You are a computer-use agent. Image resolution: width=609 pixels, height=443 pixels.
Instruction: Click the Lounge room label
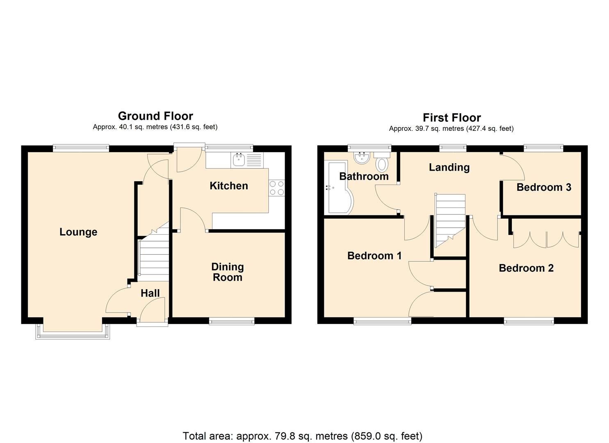tap(78, 232)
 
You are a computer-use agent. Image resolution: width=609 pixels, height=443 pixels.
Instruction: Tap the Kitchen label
tap(228, 186)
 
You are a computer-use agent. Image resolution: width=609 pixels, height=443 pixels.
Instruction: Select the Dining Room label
tap(227, 272)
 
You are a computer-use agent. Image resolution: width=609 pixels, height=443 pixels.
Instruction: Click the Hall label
tap(150, 293)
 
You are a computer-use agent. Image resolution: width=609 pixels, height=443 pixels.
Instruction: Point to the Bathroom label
tap(364, 176)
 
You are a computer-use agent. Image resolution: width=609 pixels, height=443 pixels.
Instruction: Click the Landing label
tap(449, 167)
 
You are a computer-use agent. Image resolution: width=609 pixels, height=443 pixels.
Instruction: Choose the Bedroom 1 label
tap(374, 256)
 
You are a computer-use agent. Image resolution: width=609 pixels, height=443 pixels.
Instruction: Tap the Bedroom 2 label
tap(526, 268)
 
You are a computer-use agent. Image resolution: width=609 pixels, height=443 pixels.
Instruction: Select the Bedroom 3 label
tap(543, 187)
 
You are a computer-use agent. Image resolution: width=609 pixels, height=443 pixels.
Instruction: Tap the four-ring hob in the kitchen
tap(277, 188)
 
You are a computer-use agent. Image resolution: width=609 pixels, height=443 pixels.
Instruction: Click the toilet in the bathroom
tap(382, 162)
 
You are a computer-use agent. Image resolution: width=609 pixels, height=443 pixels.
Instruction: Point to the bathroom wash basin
tap(361, 157)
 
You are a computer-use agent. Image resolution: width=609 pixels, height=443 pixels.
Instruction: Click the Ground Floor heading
tap(155, 116)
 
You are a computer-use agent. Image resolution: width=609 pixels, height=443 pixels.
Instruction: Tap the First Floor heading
tap(452, 118)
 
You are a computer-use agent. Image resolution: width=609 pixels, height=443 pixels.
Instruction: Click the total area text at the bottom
tap(302, 436)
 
